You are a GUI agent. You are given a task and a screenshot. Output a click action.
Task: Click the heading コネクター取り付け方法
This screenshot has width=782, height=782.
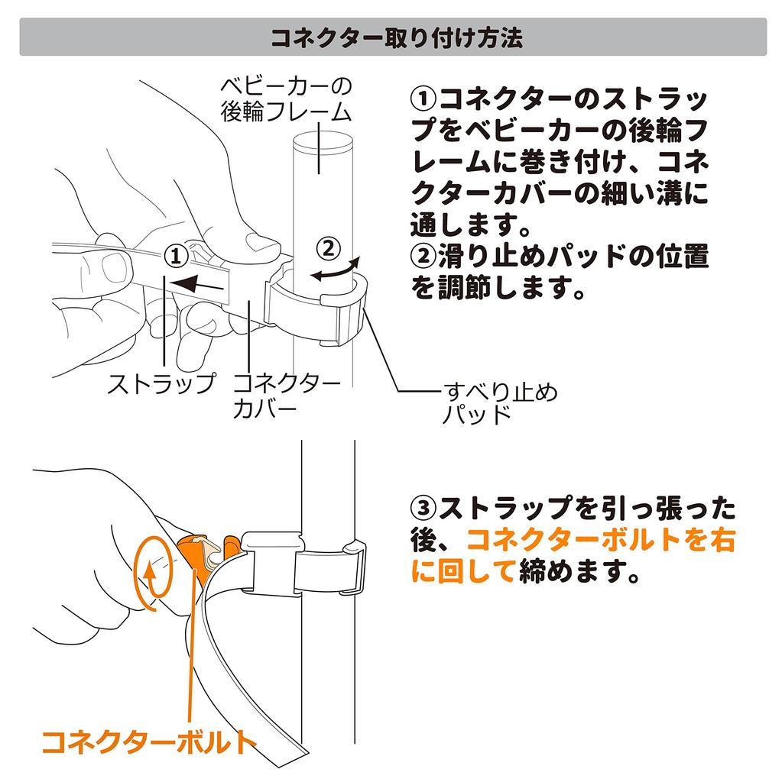point(397,37)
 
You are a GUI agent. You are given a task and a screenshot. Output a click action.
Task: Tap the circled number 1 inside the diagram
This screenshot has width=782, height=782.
point(177,257)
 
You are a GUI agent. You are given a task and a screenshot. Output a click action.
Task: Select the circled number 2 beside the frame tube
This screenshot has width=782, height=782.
point(329,248)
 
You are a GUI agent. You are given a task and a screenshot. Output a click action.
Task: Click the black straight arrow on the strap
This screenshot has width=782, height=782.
point(196,285)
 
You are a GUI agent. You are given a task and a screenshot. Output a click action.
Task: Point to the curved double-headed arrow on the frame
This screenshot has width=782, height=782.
point(335,270)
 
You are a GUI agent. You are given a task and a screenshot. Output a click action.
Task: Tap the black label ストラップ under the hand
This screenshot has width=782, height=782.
point(162,383)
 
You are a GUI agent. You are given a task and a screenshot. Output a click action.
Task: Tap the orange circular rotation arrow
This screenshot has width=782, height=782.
point(154,573)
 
